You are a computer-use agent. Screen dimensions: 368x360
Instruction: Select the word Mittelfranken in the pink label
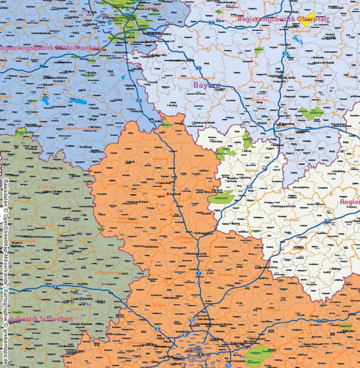click(x=78, y=48)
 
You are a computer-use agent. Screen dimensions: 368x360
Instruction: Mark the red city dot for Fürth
click(x=89, y=12)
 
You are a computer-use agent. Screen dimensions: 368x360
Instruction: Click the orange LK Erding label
click(x=272, y=309)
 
